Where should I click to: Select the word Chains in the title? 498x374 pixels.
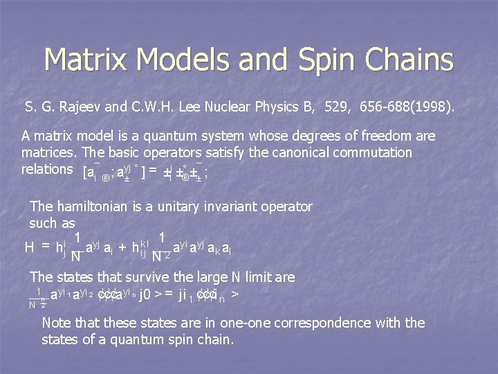(412, 60)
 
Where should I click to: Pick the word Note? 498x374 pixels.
(56, 323)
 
